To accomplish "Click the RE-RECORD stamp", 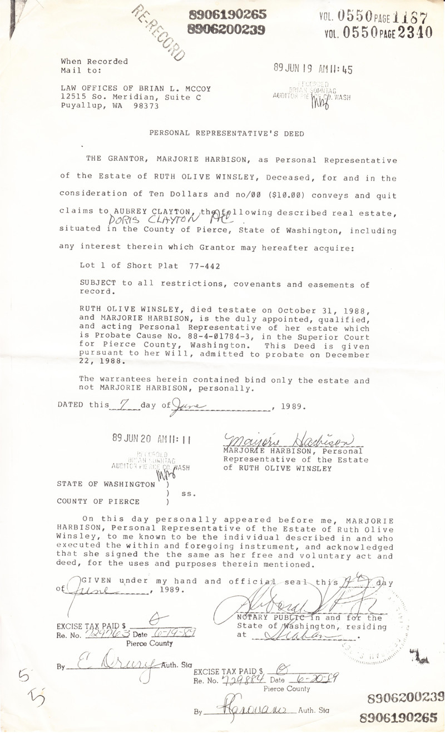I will [x=158, y=32].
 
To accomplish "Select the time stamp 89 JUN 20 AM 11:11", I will [x=151, y=438].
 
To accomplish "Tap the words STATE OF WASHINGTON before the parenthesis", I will [x=106, y=484].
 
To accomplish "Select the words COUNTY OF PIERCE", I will [x=98, y=502].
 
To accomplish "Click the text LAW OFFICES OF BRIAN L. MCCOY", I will [x=136, y=88].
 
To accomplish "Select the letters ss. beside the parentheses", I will [x=189, y=493].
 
